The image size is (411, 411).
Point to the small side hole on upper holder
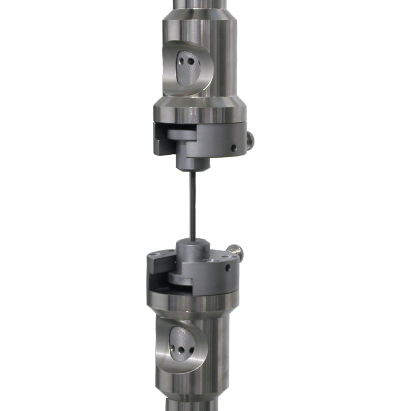[234, 147]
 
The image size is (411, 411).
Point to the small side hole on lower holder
[228, 266]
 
